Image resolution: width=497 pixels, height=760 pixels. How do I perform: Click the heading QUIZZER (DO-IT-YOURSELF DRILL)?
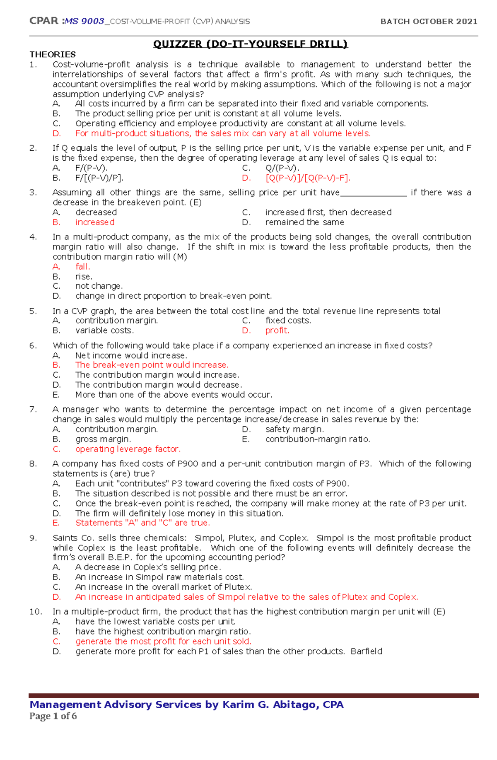(x=250, y=44)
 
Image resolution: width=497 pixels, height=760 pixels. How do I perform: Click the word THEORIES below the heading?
(x=53, y=54)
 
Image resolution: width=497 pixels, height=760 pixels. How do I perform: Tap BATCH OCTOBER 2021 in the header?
(x=429, y=21)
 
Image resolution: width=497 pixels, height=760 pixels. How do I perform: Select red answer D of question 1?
(x=223, y=133)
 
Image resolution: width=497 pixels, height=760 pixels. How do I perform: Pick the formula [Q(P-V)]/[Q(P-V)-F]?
(x=308, y=178)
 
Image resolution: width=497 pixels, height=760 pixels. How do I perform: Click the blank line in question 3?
(x=374, y=193)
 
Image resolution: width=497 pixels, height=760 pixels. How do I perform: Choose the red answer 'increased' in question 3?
(x=95, y=222)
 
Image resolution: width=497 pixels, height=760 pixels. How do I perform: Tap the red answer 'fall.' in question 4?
(x=82, y=267)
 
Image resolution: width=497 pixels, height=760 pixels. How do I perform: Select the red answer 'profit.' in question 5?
(x=277, y=331)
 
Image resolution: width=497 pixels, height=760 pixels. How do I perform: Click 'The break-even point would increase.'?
(x=152, y=365)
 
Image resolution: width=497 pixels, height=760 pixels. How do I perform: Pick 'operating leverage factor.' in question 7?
(x=128, y=449)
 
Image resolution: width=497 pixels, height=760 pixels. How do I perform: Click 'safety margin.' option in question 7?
(x=294, y=429)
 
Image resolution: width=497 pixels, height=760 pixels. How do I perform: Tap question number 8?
(x=33, y=464)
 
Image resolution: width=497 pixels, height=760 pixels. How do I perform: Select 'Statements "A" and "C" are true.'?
(x=142, y=523)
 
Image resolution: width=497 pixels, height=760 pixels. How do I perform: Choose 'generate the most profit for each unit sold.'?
(x=163, y=642)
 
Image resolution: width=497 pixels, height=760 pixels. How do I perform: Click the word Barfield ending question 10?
(x=366, y=651)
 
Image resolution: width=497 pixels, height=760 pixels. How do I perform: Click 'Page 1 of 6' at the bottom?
(x=53, y=716)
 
